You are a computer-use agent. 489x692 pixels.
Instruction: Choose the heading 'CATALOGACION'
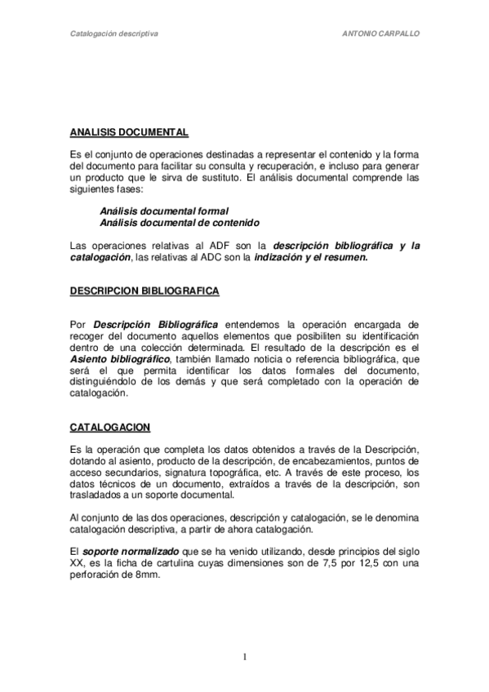tap(99, 428)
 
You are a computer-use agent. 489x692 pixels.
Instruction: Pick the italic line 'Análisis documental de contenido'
tap(180, 222)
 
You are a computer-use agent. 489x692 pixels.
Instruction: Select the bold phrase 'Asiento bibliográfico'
tap(120, 359)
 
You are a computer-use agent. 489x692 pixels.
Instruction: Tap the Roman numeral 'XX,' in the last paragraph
tap(78, 563)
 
